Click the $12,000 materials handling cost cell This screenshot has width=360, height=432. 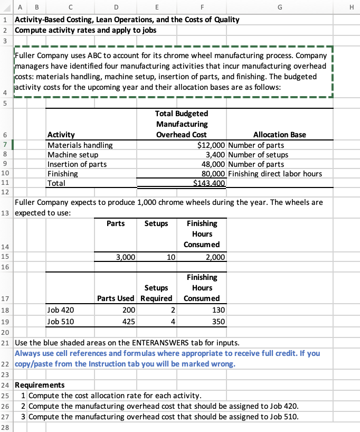pyautogui.click(x=211, y=145)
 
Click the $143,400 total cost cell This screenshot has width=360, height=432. pyautogui.click(x=210, y=183)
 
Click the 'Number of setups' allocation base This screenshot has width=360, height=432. pyautogui.click(x=259, y=155)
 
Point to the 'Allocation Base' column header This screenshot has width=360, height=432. pyautogui.click(x=279, y=135)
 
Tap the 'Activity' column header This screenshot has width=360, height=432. pyautogui.click(x=61, y=135)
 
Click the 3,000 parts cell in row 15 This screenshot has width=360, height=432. pyautogui.click(x=126, y=257)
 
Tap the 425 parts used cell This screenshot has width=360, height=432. pyautogui.click(x=128, y=321)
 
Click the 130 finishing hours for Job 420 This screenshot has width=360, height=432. pyautogui.click(x=219, y=310)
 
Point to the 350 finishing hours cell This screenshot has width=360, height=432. pyautogui.click(x=219, y=321)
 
